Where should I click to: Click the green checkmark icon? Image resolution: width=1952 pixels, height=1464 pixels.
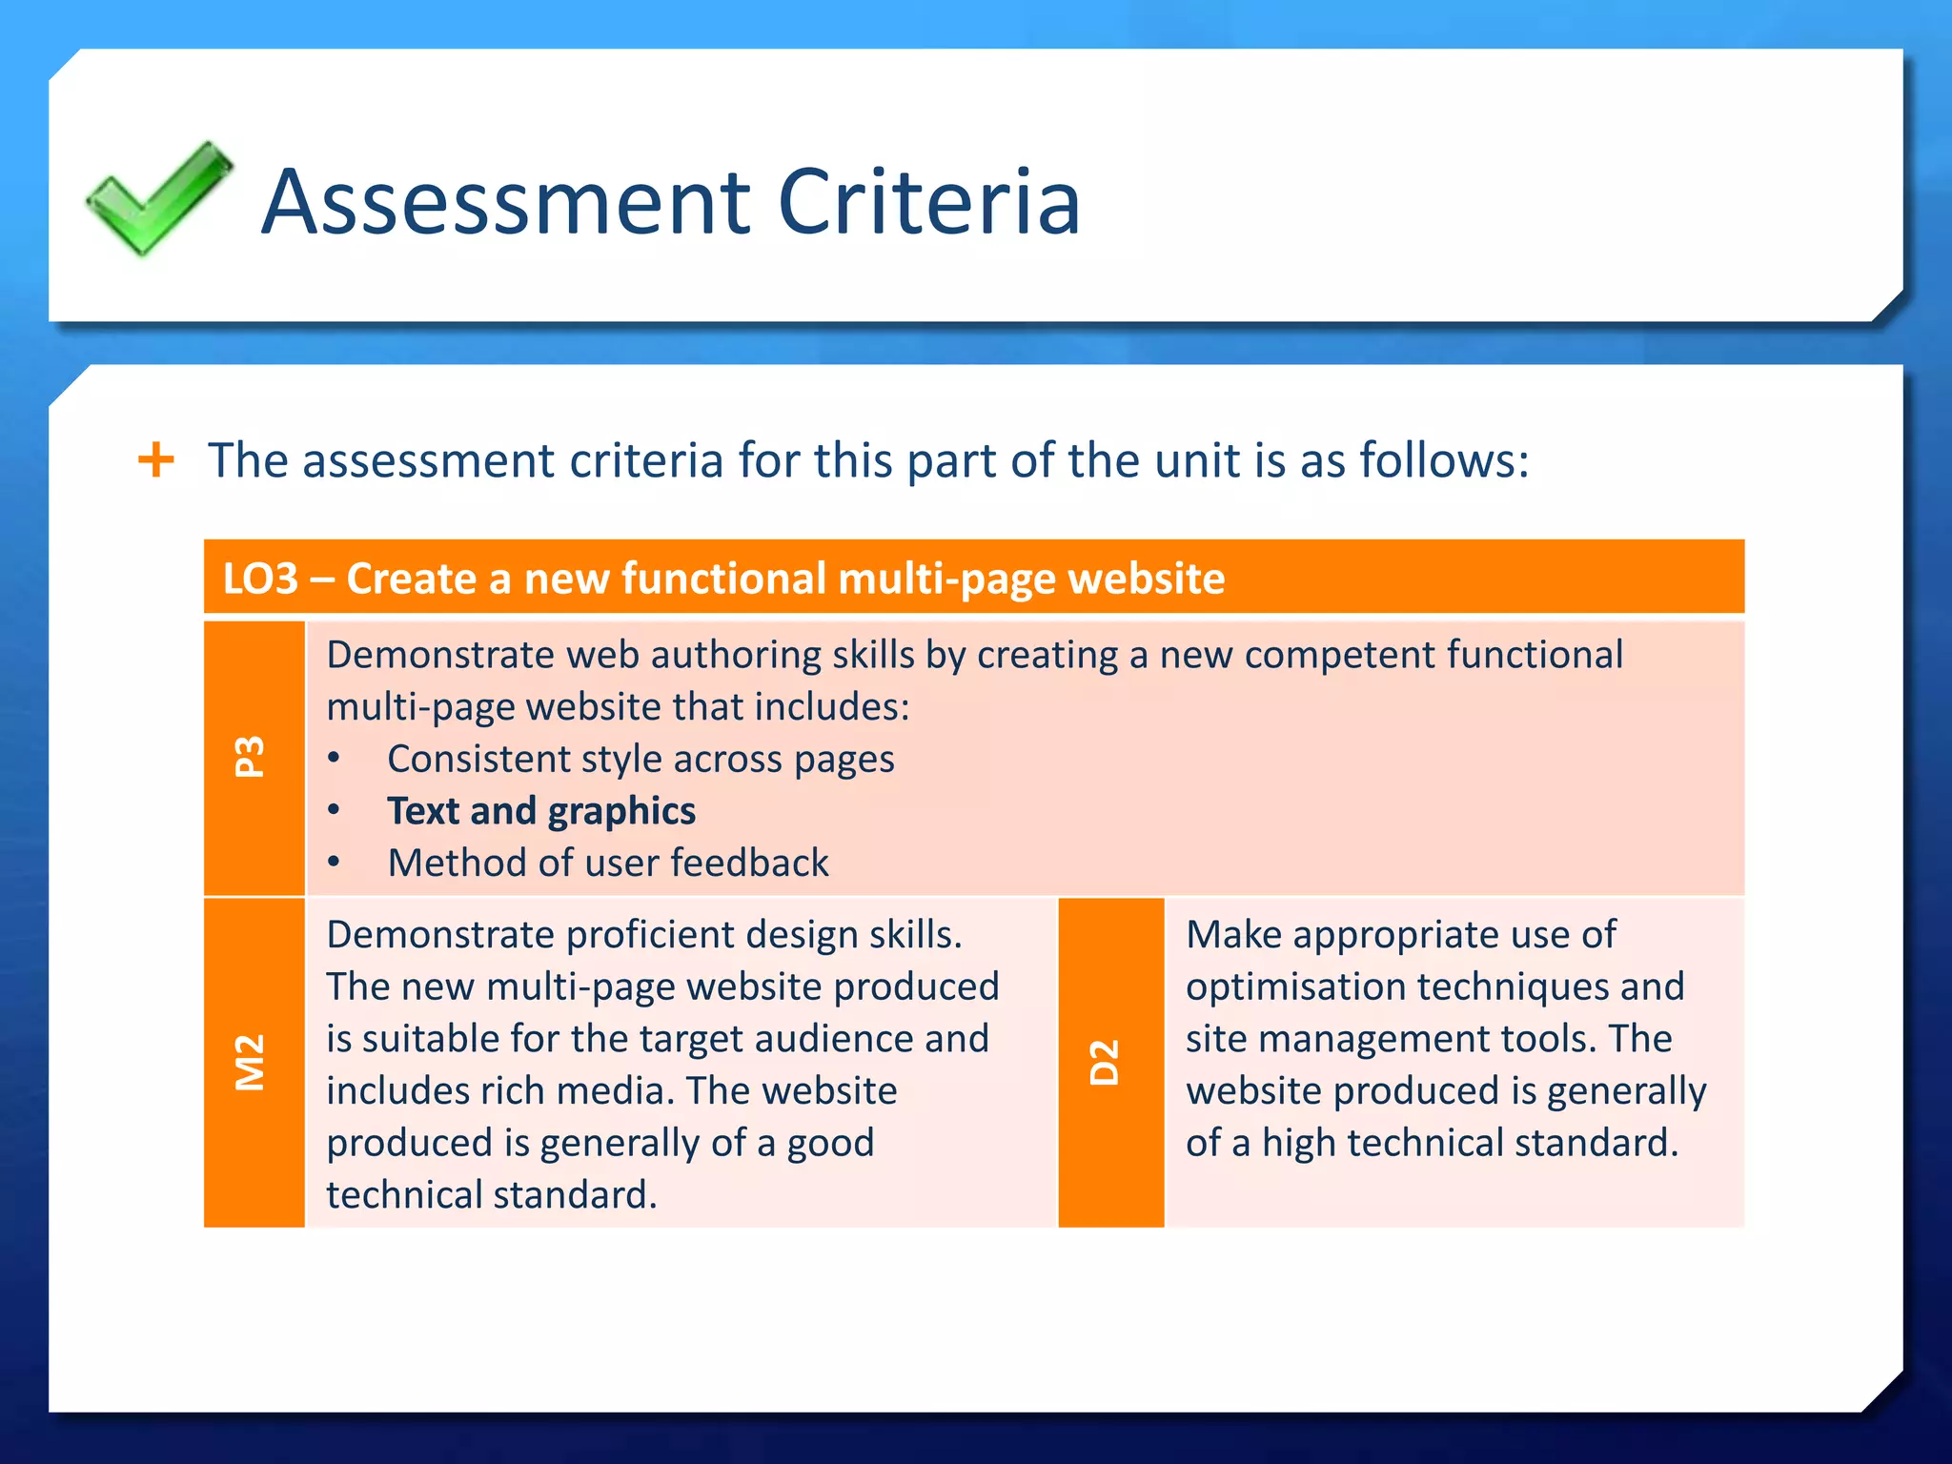158,199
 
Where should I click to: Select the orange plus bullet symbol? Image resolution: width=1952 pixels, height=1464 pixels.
156,460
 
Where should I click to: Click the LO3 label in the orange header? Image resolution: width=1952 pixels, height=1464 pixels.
260,579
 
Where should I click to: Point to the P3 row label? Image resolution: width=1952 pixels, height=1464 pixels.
251,757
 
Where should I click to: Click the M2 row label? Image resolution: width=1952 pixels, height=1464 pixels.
251,1062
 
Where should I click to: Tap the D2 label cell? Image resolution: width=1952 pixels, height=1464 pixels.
1105,1062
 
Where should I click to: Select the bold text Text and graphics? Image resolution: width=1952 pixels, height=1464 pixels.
541,811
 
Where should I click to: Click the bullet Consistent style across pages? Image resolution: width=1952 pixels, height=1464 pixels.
640,760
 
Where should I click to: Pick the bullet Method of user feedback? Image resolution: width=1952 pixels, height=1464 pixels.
608,864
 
